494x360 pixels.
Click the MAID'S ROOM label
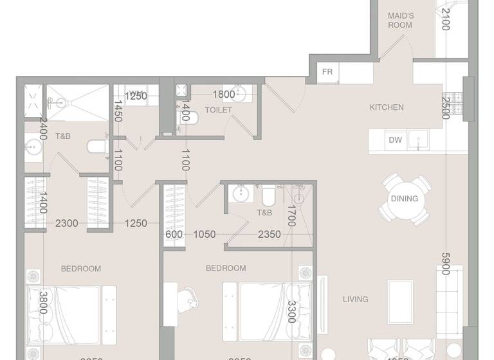tap(399, 20)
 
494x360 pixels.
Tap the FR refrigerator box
tap(327, 71)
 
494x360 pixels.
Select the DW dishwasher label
tap(394, 140)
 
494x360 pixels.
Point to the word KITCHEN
tap(387, 107)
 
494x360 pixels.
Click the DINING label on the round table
tap(404, 199)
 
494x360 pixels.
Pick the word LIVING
tap(355, 299)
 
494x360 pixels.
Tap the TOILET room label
tap(218, 110)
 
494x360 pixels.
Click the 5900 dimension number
tap(445, 264)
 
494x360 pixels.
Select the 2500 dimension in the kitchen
tap(446, 107)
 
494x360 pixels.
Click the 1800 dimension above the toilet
tap(223, 94)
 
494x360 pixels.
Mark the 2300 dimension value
tap(66, 224)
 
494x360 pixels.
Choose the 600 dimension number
tap(174, 235)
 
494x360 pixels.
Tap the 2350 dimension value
tap(269, 235)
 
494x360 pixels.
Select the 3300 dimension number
tap(291, 312)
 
